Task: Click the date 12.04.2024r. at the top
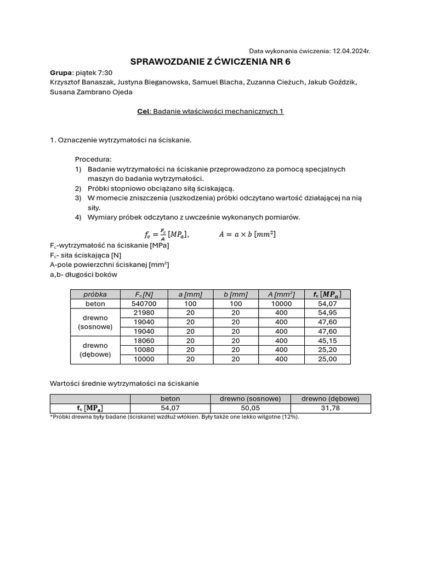pyautogui.click(x=351, y=50)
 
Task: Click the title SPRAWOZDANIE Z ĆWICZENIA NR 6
pyautogui.click(x=210, y=61)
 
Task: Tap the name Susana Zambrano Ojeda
pyautogui.click(x=91, y=92)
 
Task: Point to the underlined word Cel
pyautogui.click(x=143, y=111)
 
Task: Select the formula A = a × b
pyautogui.click(x=247, y=234)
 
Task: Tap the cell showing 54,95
pyautogui.click(x=327, y=313)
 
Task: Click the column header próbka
pyautogui.click(x=95, y=294)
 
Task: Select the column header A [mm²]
pyautogui.click(x=281, y=294)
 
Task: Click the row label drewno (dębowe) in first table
pyautogui.click(x=95, y=350)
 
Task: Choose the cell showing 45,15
pyautogui.click(x=327, y=341)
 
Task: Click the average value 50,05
pyautogui.click(x=250, y=409)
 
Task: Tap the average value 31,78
pyautogui.click(x=331, y=409)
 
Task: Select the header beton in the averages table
pyautogui.click(x=170, y=399)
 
